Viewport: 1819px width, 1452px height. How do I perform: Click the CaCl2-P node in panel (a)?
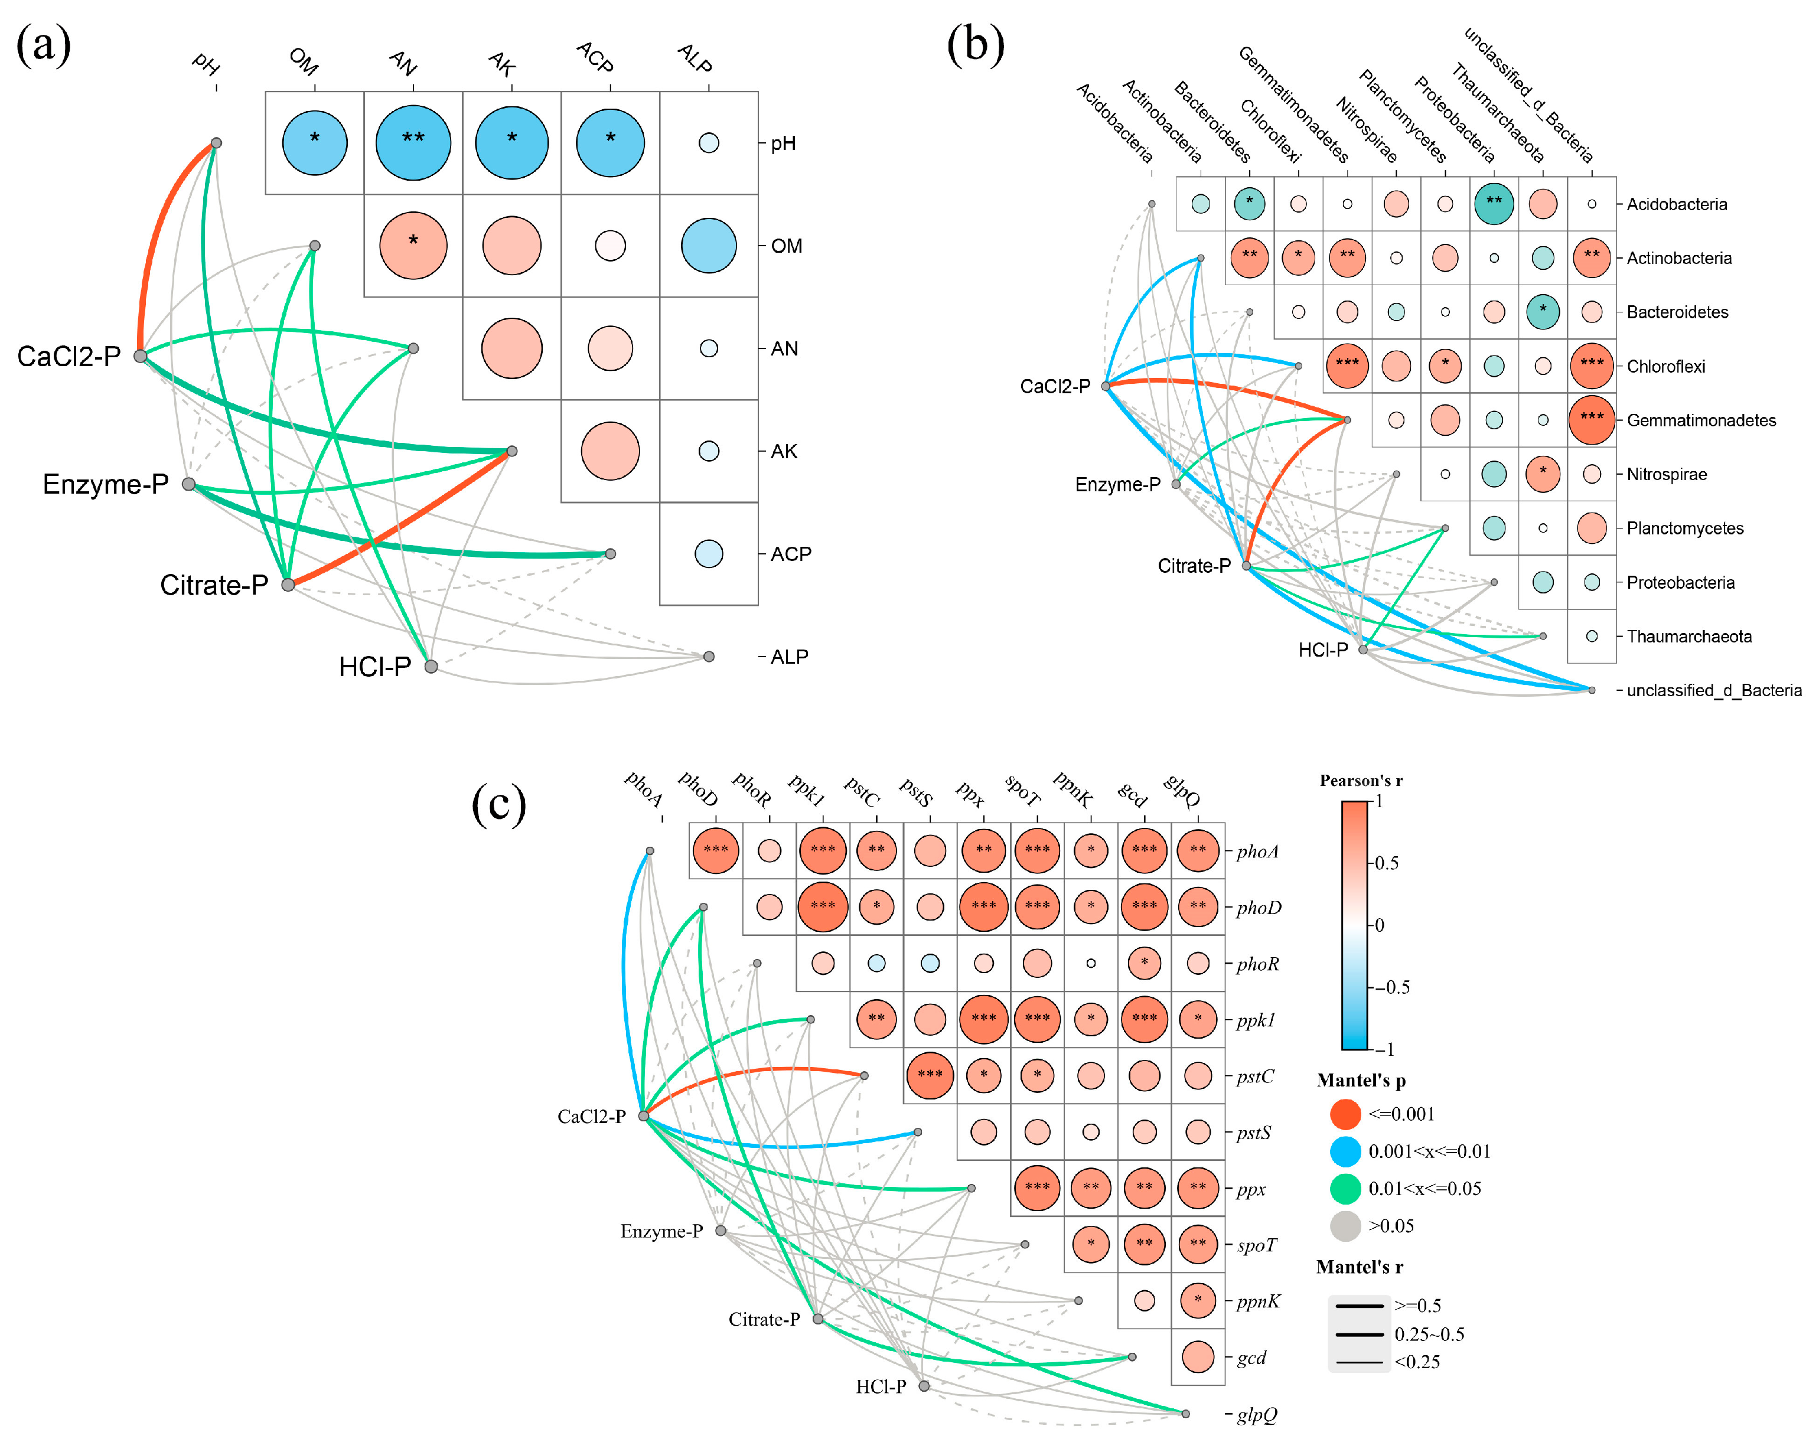tap(140, 356)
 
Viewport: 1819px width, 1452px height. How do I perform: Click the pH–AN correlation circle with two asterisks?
tap(413, 142)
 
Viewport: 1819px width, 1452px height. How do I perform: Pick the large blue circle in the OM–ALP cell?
tap(709, 246)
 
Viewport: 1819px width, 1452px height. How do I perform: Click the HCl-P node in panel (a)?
tap(431, 667)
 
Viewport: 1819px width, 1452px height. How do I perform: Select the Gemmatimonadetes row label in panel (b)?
tap(1701, 420)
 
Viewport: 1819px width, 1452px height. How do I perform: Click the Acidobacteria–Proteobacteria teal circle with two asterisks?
tap(1494, 203)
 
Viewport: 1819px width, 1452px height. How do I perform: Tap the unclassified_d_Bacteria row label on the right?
tap(1713, 690)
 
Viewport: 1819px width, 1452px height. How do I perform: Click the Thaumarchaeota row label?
tap(1688, 636)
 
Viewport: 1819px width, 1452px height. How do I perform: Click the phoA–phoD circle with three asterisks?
tap(715, 850)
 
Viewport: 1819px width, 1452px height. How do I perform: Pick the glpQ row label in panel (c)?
tap(1256, 1414)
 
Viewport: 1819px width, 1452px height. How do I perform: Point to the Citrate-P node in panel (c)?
tap(817, 1319)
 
